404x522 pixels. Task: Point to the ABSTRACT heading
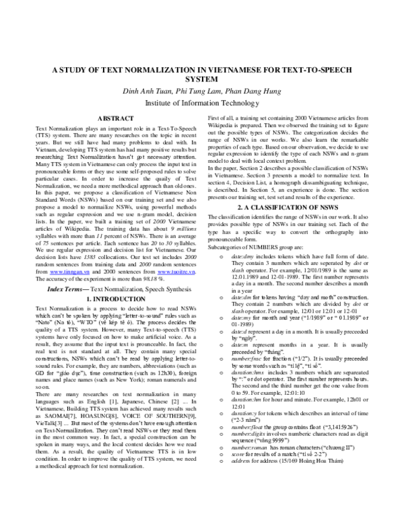[114, 118]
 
